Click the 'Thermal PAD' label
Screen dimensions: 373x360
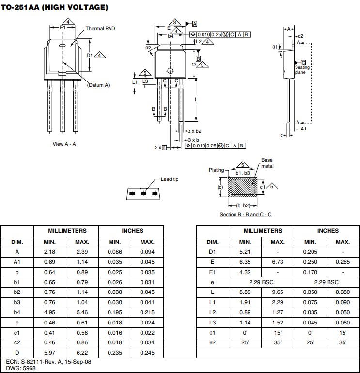click(x=99, y=28)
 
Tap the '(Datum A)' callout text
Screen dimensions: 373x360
click(x=98, y=85)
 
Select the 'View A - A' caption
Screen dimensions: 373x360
click(x=64, y=144)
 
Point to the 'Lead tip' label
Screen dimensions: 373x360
click(x=170, y=179)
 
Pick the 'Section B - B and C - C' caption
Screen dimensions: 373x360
click(x=245, y=214)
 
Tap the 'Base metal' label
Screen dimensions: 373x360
click(x=267, y=163)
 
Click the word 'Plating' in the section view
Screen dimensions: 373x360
click(x=216, y=170)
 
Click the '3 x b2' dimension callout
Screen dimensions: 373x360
click(x=194, y=131)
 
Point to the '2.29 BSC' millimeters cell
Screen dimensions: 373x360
click(x=261, y=282)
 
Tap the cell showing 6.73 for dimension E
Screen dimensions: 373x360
click(x=278, y=261)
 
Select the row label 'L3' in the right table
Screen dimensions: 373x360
click(x=212, y=323)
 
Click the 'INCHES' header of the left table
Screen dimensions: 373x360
click(x=131, y=231)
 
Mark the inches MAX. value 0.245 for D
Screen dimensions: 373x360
click(x=147, y=353)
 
